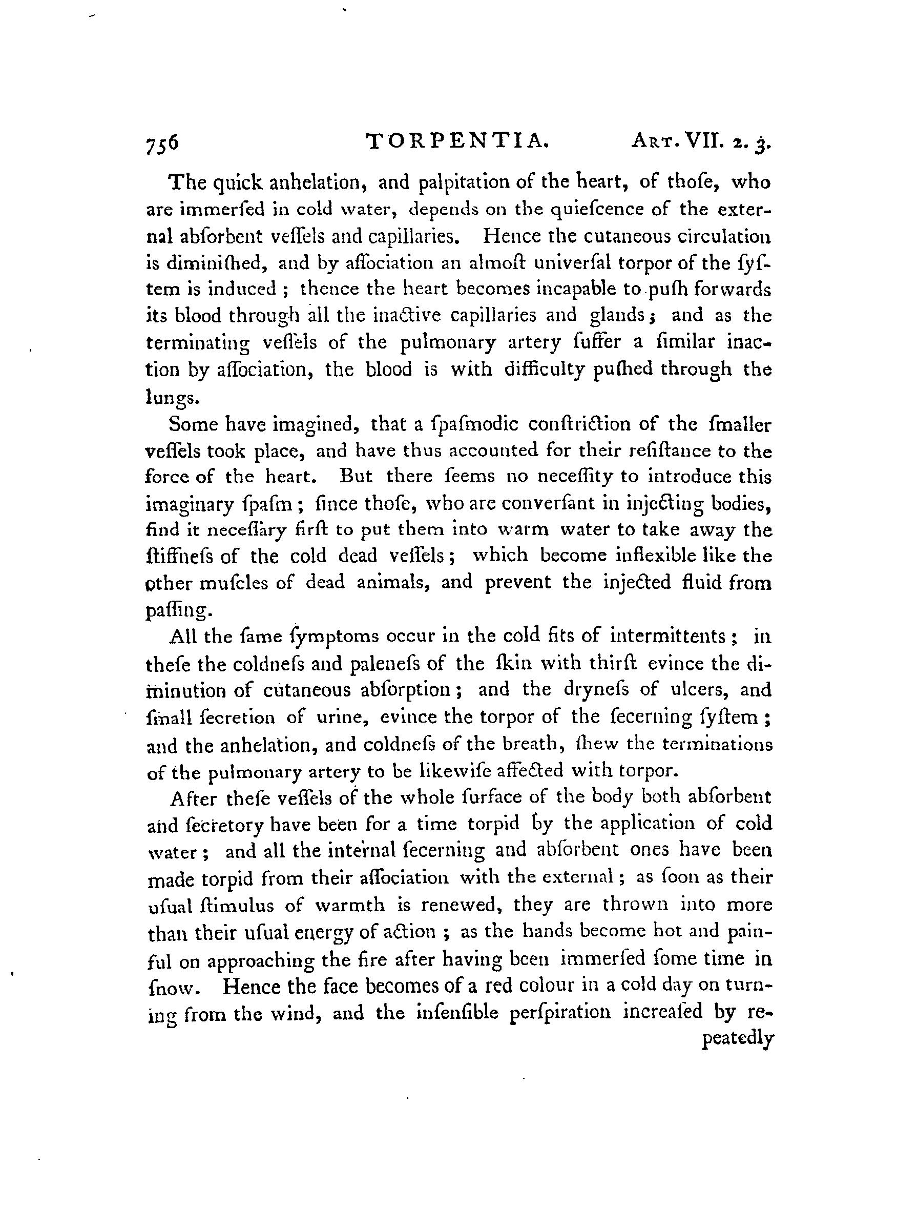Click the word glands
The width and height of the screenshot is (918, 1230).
coord(616,315)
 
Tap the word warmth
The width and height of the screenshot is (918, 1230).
coord(349,905)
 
